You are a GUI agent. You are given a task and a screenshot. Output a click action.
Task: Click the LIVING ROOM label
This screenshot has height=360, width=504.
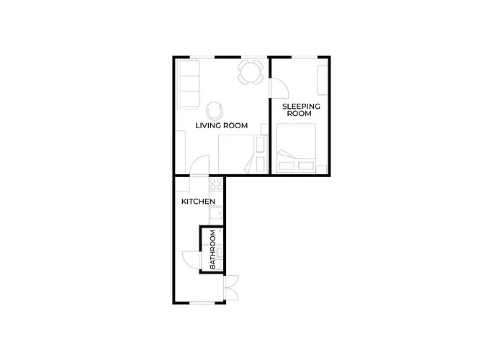click(x=222, y=126)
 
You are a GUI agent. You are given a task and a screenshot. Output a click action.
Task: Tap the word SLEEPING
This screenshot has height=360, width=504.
click(x=301, y=107)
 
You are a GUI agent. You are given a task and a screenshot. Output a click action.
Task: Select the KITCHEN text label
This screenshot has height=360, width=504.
click(x=198, y=202)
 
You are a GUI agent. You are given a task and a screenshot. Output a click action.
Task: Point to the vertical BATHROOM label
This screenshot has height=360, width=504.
click(x=212, y=249)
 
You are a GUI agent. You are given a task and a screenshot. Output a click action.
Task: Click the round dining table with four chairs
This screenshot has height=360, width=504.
click(x=251, y=72)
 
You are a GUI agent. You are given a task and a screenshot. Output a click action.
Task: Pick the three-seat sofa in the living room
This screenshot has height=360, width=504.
click(x=189, y=84)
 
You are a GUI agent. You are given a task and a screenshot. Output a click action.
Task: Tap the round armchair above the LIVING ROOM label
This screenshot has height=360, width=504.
click(x=214, y=110)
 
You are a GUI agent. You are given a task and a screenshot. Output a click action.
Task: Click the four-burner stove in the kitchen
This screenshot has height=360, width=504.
click(x=216, y=184)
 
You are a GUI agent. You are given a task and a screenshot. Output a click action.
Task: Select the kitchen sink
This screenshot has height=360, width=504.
click(x=216, y=213)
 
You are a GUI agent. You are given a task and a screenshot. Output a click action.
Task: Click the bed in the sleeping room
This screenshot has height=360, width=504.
click(x=297, y=148)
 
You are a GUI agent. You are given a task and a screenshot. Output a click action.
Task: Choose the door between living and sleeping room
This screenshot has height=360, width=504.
click(x=279, y=88)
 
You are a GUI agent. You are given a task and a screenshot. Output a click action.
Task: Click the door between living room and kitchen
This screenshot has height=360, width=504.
click(x=199, y=166)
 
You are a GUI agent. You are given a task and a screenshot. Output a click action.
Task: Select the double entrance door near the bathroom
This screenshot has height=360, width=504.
click(x=231, y=288)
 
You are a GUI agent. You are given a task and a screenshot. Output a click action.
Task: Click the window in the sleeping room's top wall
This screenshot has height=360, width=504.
click(x=305, y=58)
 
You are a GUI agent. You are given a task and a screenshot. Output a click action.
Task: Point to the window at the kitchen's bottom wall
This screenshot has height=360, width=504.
click(x=202, y=302)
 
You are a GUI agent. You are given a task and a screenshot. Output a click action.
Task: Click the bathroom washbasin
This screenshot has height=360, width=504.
click(x=220, y=253)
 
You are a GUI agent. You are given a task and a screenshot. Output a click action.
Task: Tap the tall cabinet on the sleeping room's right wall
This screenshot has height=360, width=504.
click(x=323, y=81)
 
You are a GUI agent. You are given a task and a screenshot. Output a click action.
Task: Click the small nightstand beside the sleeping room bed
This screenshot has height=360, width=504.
click(x=322, y=169)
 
